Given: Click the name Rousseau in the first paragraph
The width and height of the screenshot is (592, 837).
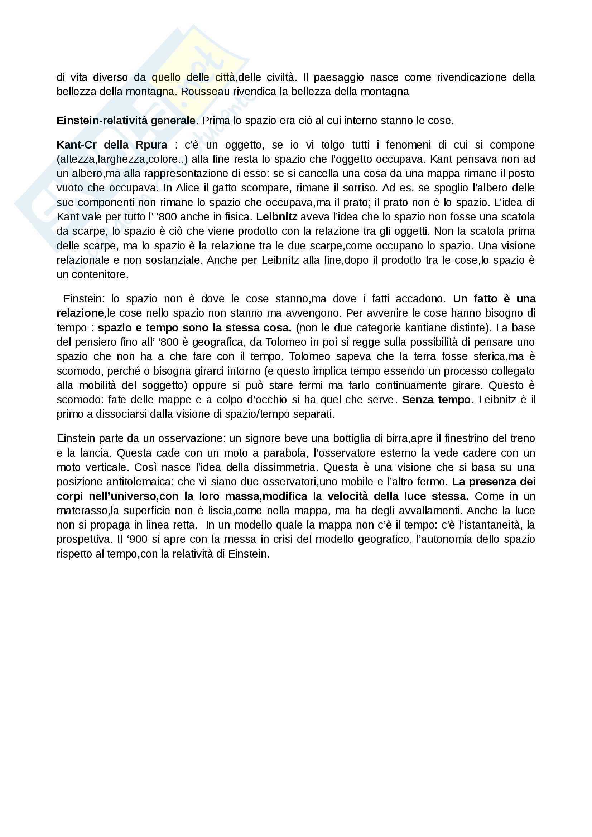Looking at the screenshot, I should pos(205,92).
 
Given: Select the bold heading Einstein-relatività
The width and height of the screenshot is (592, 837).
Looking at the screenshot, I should pos(126,121).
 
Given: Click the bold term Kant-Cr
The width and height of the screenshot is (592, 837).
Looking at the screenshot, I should pos(76,145).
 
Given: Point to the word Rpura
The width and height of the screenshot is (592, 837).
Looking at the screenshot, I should pos(151,145).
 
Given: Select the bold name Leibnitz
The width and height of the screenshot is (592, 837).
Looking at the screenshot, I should pos(276,217).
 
